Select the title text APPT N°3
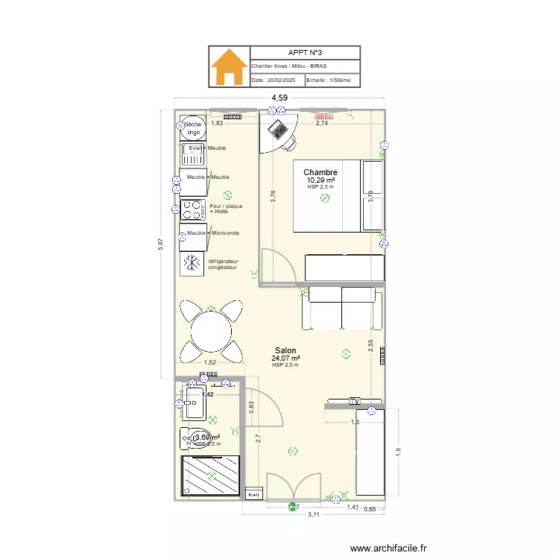coord(306,53)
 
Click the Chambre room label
coord(320,173)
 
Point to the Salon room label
coord(285,350)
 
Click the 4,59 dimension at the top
coord(279,98)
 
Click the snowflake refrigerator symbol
coord(193,262)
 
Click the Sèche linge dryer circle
coord(193,129)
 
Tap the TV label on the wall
coord(355,401)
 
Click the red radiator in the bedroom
coord(324,117)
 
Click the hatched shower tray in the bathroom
coord(212,475)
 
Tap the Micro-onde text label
coord(225,233)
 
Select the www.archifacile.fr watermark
coord(391,548)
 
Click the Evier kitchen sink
coord(193,154)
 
